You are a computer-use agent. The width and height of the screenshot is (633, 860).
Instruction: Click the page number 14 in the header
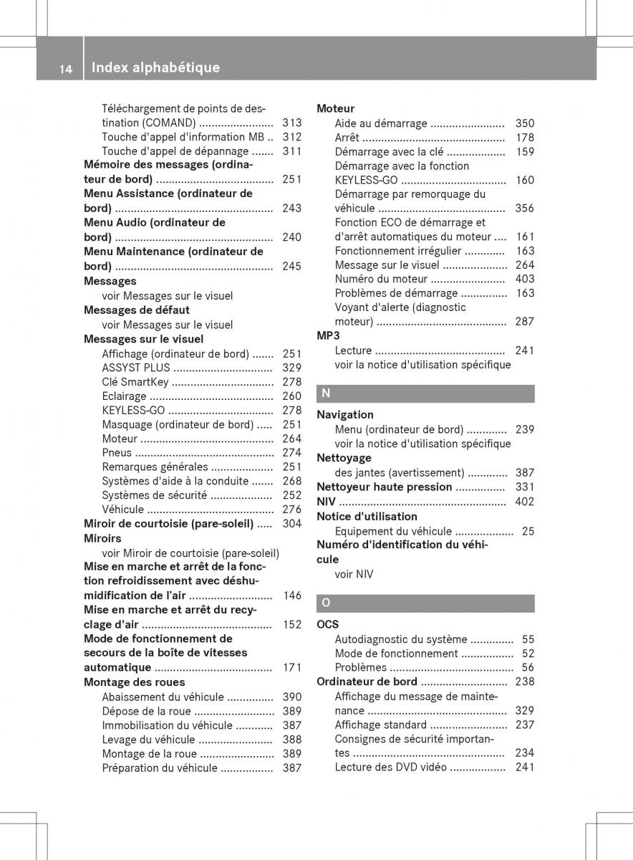click(x=65, y=69)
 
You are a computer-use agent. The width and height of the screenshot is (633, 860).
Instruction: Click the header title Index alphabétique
click(x=156, y=68)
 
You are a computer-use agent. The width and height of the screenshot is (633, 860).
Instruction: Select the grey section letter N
click(x=326, y=393)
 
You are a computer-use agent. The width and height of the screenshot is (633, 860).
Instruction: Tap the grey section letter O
click(x=326, y=603)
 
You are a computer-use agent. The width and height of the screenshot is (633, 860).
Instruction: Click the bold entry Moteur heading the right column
click(x=335, y=109)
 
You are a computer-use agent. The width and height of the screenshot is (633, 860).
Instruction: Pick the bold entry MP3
click(x=328, y=335)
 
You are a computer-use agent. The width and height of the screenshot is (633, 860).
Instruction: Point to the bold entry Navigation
click(x=345, y=414)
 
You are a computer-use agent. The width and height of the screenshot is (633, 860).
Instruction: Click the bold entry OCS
click(x=328, y=624)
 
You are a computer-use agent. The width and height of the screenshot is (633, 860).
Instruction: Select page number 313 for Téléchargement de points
click(x=291, y=123)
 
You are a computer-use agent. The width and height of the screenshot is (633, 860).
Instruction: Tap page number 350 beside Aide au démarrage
click(x=524, y=123)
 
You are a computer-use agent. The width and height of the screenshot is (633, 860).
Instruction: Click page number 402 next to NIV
click(x=524, y=502)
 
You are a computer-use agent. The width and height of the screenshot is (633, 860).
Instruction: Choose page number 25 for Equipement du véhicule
click(x=528, y=531)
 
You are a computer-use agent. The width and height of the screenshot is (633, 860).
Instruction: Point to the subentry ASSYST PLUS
click(x=136, y=368)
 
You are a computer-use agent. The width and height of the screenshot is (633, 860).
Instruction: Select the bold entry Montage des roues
click(x=135, y=682)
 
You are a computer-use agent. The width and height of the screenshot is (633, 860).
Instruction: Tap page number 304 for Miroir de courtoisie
click(x=291, y=524)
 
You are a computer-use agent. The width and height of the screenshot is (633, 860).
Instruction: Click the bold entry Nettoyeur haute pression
click(x=385, y=487)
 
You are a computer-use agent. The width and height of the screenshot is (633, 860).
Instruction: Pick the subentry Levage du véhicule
click(x=148, y=740)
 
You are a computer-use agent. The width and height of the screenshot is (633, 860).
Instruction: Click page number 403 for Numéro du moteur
click(x=524, y=279)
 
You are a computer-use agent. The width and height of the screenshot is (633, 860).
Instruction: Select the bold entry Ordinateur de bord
click(x=367, y=682)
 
